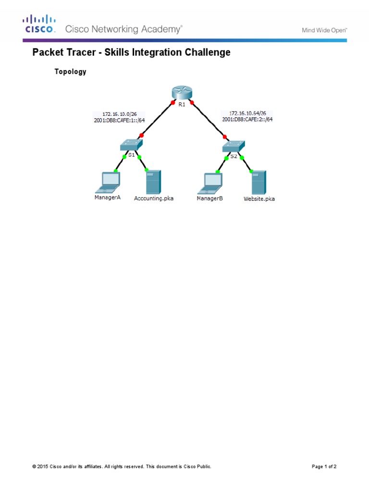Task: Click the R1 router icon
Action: [182, 92]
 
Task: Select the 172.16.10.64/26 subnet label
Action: [248, 113]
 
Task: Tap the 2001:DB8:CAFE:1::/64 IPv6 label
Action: [119, 120]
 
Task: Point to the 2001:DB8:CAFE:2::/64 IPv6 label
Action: [248, 119]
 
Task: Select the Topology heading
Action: [71, 72]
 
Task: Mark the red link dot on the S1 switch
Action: [141, 135]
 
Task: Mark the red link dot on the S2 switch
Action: [225, 136]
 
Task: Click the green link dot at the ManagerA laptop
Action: [116, 171]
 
